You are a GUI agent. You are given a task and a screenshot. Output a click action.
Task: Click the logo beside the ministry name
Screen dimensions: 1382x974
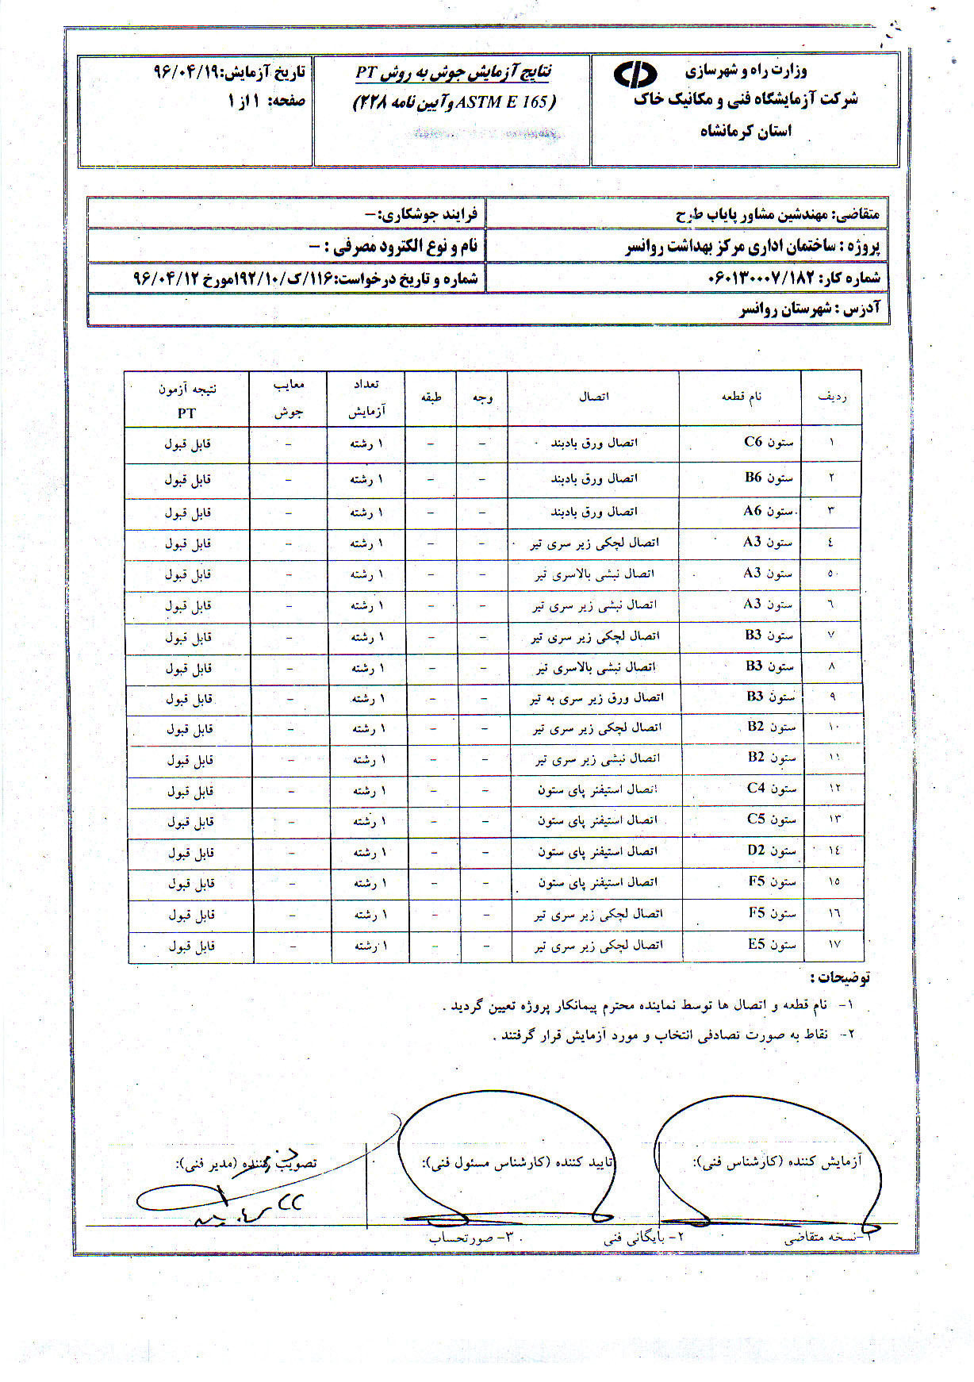[635, 75]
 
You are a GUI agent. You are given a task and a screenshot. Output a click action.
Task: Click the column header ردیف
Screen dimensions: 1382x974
[832, 397]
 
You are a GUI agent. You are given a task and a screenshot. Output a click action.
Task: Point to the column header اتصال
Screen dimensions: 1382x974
[593, 397]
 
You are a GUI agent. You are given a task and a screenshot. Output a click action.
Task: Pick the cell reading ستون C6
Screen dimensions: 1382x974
[769, 442]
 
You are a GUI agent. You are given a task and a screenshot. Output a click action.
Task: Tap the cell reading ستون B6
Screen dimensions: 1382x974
[769, 478]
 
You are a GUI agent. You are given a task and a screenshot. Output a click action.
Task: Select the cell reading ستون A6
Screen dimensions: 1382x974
[768, 512]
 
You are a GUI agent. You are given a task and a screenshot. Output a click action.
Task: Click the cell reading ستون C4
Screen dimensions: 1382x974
[771, 789]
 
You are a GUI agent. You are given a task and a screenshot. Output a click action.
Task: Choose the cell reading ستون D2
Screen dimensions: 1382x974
[771, 850]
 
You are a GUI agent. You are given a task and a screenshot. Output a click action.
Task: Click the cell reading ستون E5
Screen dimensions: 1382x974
[772, 944]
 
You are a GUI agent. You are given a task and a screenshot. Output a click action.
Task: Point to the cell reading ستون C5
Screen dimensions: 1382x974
[771, 820]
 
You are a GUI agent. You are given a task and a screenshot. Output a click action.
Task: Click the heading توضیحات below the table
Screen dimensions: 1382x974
[843, 977]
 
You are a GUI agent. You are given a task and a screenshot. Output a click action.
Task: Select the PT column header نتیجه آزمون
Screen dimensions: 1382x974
[187, 390]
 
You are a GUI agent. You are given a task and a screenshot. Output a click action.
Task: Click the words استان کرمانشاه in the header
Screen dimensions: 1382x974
[746, 131]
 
